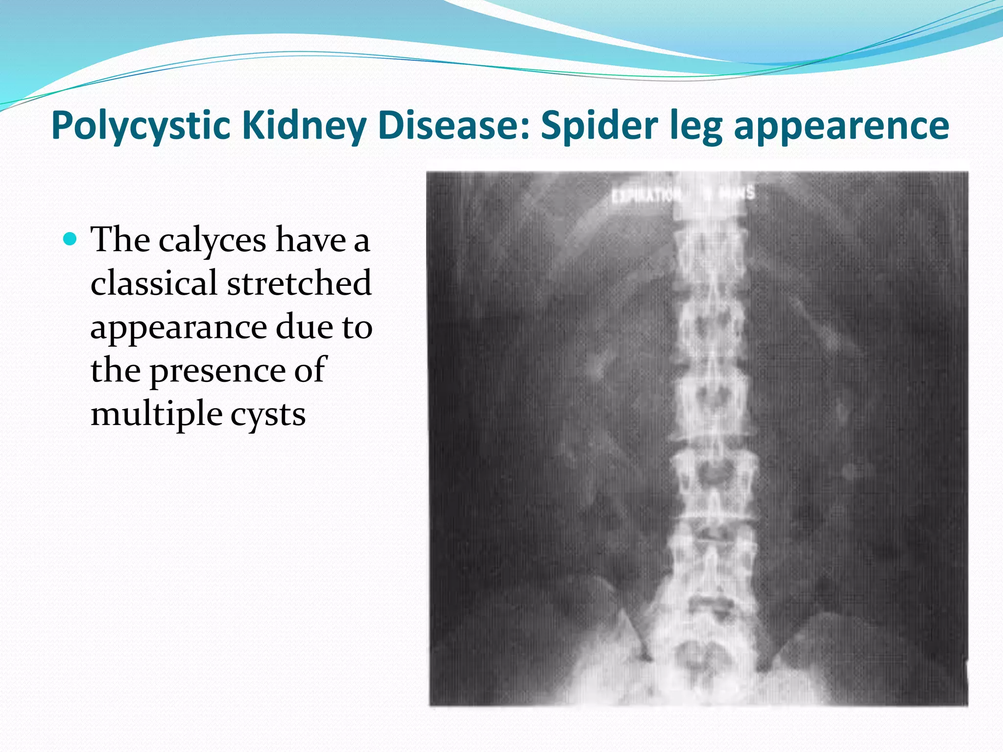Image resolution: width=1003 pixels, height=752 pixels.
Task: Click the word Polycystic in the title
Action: click(x=141, y=126)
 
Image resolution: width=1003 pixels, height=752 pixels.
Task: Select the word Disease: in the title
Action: click(x=454, y=125)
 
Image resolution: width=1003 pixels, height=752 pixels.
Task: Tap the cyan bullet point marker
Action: click(x=71, y=239)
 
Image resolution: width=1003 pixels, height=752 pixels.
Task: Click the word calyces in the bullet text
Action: click(x=213, y=241)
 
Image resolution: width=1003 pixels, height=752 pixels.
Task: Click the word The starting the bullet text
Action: click(x=120, y=240)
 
